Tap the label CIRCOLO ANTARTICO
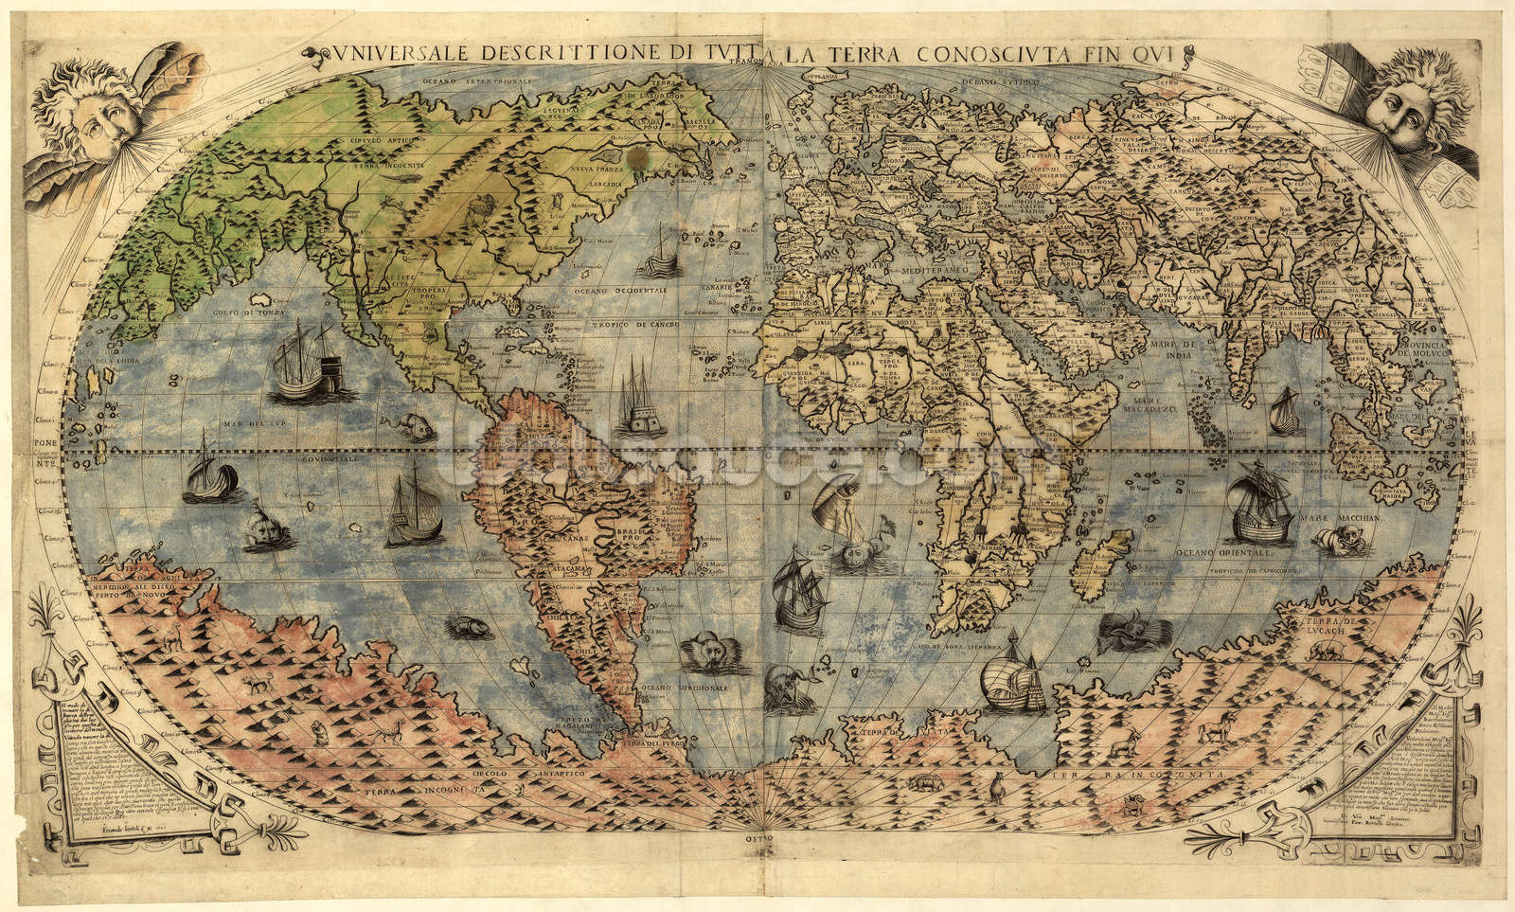[x=526, y=773]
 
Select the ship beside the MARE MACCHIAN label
[x=1259, y=510]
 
